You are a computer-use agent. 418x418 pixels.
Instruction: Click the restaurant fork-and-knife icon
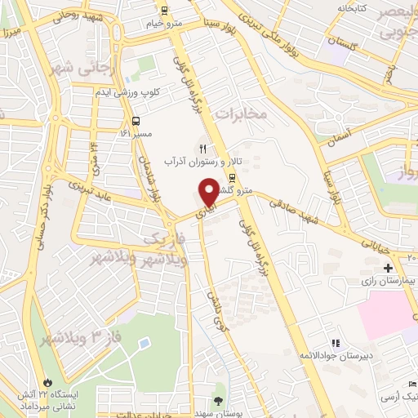[202, 148]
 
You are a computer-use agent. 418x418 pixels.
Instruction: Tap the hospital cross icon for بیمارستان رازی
[388, 268]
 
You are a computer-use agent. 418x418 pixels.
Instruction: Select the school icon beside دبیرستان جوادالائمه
[334, 343]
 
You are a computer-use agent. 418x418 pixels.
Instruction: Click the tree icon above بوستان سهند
[218, 400]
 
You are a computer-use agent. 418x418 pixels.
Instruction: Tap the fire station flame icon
[48, 382]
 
